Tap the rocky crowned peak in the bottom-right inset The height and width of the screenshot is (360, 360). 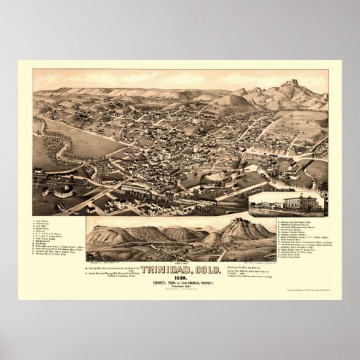coord(237,225)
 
